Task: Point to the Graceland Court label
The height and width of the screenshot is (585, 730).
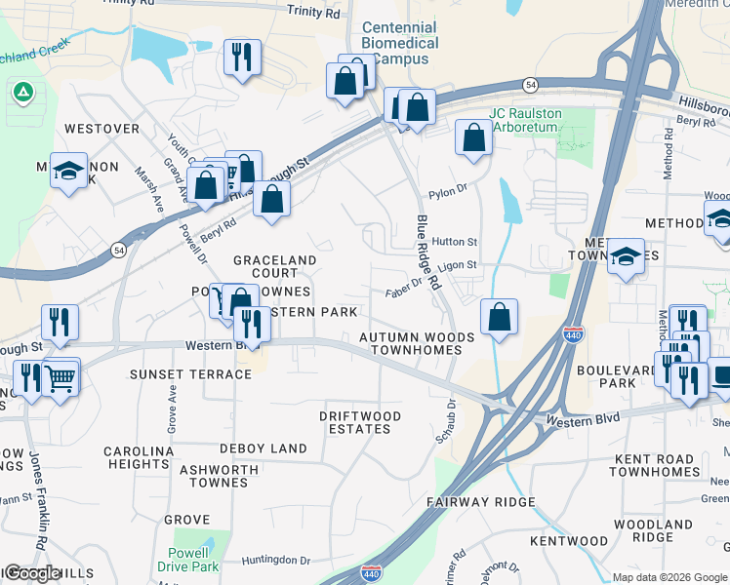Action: point(274,266)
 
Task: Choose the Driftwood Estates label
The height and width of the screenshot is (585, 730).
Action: point(360,422)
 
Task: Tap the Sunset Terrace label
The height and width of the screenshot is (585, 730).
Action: point(191,374)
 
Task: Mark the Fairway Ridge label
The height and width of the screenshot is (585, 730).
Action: point(481,501)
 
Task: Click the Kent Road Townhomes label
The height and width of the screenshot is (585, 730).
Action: point(655,464)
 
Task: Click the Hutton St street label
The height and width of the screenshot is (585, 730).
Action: point(454,242)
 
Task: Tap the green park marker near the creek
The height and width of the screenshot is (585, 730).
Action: point(22,94)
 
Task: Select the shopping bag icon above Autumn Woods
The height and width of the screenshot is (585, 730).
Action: point(499,317)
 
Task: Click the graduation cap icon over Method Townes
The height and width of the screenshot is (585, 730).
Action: point(626,256)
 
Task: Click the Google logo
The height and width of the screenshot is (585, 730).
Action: point(34,573)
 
